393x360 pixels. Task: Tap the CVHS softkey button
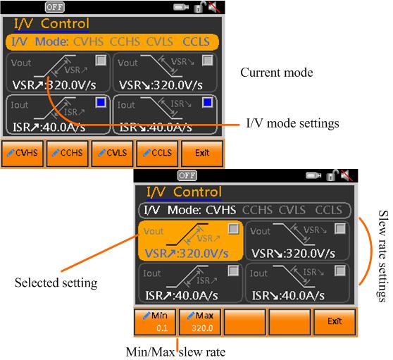[x=23, y=154]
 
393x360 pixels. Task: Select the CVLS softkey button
[x=112, y=154]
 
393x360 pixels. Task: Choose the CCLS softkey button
[x=157, y=154]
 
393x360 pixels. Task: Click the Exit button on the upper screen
[x=202, y=154]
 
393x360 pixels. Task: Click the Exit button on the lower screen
[x=335, y=322]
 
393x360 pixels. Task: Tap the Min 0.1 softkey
[x=155, y=322]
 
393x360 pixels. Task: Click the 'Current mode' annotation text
[x=277, y=73]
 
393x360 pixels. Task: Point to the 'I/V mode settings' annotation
[x=292, y=123]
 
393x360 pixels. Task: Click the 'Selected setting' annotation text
[x=56, y=283]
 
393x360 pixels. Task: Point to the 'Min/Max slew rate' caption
[x=175, y=352]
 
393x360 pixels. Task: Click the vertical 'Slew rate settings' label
[x=383, y=256]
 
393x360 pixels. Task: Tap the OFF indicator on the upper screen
[x=55, y=7]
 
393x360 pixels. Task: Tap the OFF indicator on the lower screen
[x=187, y=175]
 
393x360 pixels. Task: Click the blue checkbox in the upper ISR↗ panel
[x=101, y=102]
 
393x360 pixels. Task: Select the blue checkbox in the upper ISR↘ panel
[x=208, y=102]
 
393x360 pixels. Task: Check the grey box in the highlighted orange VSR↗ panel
[x=234, y=229]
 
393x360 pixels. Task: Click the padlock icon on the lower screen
[x=332, y=175]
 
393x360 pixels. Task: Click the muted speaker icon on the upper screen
[x=214, y=7]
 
